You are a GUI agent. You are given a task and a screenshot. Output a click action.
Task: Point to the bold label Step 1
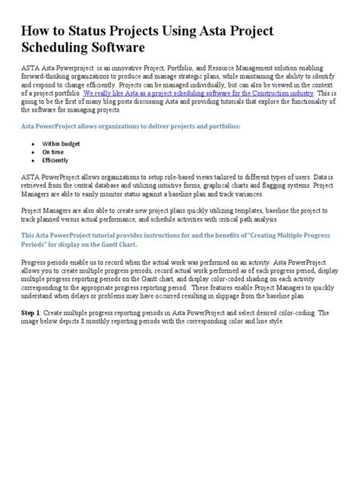click(30, 333)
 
